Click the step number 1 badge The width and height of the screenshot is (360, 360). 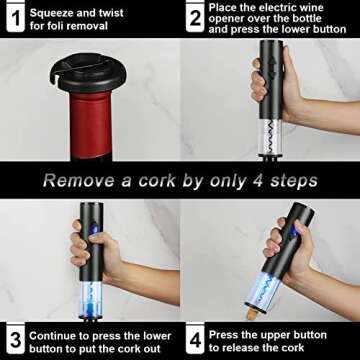coord(15,17)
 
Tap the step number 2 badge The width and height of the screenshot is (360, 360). coord(195,17)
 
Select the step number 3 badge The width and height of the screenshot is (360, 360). coord(15,339)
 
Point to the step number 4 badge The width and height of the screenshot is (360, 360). coord(195,339)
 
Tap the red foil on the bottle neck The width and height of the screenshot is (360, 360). coord(86,124)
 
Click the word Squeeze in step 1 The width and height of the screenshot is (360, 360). coord(50,13)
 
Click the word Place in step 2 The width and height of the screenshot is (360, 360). coord(223,7)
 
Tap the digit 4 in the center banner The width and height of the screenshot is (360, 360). coord(261,181)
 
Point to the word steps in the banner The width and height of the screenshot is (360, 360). coord(294,182)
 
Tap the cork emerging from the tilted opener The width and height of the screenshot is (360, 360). coord(252,315)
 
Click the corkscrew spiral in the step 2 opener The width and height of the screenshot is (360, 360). coord(271,136)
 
